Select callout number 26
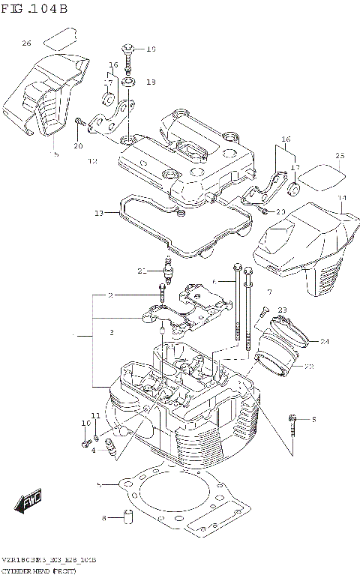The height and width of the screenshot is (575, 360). click(x=26, y=43)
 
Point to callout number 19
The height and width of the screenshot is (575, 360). click(x=150, y=49)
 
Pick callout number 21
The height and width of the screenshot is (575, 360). click(x=142, y=271)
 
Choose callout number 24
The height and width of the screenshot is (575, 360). click(x=325, y=342)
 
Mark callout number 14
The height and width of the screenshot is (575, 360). click(x=342, y=199)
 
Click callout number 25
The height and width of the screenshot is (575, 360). click(x=340, y=156)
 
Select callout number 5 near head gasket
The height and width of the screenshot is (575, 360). click(x=99, y=485)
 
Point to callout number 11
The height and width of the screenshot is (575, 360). click(x=95, y=415)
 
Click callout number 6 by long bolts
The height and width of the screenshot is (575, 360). click(x=214, y=281)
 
